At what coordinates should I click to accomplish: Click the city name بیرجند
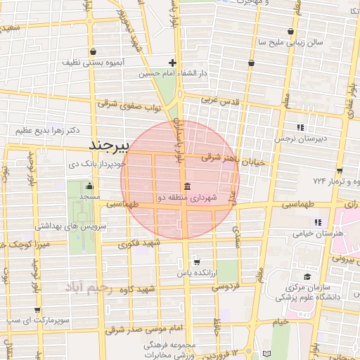click(x=112, y=145)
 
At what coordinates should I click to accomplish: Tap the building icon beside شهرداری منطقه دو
click(x=188, y=187)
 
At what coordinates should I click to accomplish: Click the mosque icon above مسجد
click(x=89, y=187)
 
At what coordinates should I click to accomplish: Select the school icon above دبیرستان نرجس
click(x=301, y=127)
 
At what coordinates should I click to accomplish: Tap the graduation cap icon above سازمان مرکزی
click(x=307, y=277)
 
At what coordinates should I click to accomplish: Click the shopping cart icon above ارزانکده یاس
click(x=196, y=261)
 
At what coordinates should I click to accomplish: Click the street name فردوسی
click(x=226, y=286)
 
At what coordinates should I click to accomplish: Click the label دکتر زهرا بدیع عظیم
click(x=43, y=131)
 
